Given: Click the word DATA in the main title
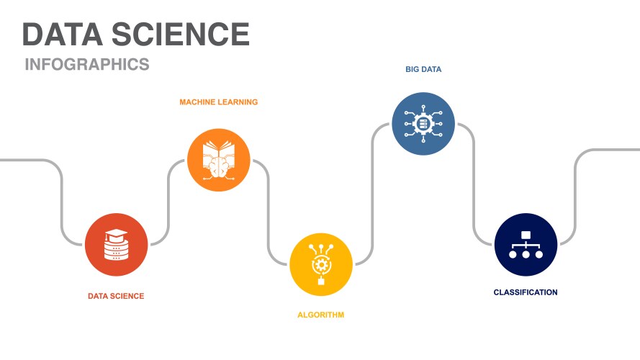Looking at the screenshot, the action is (63, 35).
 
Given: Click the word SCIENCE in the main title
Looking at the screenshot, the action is (181, 35).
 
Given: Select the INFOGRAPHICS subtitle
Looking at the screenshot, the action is (87, 65).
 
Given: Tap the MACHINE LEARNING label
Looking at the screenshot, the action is (218, 102).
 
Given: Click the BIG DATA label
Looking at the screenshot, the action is (423, 69).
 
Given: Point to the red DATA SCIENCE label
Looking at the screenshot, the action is (116, 297).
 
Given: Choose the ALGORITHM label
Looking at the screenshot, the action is (321, 315).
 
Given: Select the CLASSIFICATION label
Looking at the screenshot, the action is (526, 292).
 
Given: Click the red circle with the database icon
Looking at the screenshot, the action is (117, 245).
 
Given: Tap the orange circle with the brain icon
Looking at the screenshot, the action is (219, 160).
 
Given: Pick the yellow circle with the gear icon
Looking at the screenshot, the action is (321, 264).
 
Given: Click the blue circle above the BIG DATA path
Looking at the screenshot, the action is (423, 124).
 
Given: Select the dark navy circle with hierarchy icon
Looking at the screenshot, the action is (526, 245).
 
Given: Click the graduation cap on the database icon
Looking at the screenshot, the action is (117, 234).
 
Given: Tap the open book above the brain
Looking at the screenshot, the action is (219, 150).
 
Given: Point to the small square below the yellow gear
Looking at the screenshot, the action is (321, 281).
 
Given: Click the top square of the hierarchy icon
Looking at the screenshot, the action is (526, 235).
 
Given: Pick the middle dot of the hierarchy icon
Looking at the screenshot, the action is (526, 254).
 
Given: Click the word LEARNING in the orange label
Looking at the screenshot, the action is (238, 102).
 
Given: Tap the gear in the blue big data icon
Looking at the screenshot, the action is (423, 124).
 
